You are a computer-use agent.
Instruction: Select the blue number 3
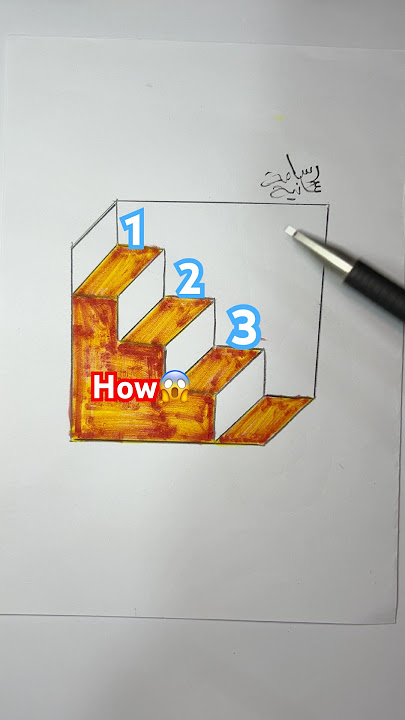(244, 327)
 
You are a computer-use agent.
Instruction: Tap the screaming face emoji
(174, 387)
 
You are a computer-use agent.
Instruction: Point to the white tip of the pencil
(293, 232)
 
